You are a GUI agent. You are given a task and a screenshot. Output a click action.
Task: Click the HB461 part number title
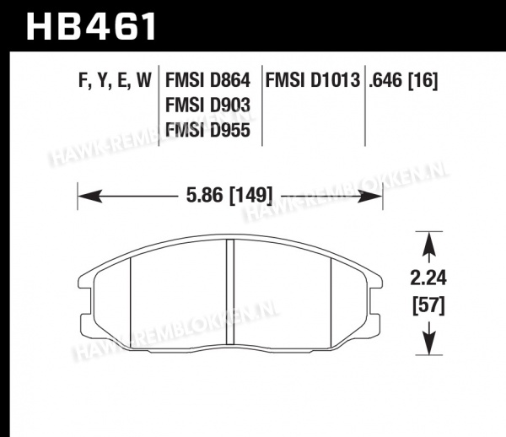tap(91, 26)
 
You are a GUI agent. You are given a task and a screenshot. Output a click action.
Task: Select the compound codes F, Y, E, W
tap(115, 80)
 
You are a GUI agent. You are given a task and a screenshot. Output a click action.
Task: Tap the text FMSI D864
tap(207, 80)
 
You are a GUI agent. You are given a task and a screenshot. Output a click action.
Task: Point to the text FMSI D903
tap(207, 105)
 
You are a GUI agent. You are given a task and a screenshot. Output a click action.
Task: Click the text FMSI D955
tap(207, 131)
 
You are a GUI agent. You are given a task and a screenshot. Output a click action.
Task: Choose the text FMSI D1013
tap(312, 80)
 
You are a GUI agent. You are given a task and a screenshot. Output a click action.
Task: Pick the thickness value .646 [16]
tap(403, 80)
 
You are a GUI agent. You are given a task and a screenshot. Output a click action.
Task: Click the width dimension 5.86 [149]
tap(229, 195)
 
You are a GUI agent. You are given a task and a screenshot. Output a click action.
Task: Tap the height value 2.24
tap(428, 278)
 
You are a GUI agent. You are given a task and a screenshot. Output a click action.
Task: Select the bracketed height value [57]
tap(428, 305)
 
